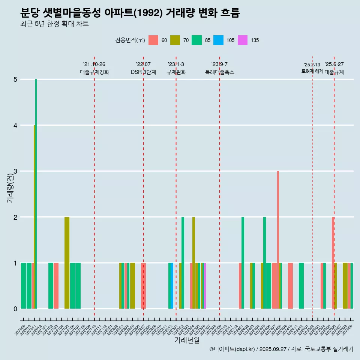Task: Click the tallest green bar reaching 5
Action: (x=36, y=187)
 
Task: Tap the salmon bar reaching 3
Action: (x=278, y=240)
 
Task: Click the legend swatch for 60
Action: (x=153, y=40)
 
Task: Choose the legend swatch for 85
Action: (x=196, y=40)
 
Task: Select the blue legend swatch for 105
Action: (x=218, y=40)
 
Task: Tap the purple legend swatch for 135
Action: (x=243, y=40)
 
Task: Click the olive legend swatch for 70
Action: (x=175, y=40)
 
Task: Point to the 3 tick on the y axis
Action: (x=15, y=171)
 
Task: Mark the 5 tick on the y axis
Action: (x=15, y=79)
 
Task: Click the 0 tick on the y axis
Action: (x=15, y=309)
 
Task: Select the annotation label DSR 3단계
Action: (x=143, y=72)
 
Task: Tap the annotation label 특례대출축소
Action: (x=220, y=72)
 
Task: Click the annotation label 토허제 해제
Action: (x=312, y=71)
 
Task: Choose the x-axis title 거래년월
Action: (x=187, y=340)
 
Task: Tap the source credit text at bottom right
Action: (x=281, y=349)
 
